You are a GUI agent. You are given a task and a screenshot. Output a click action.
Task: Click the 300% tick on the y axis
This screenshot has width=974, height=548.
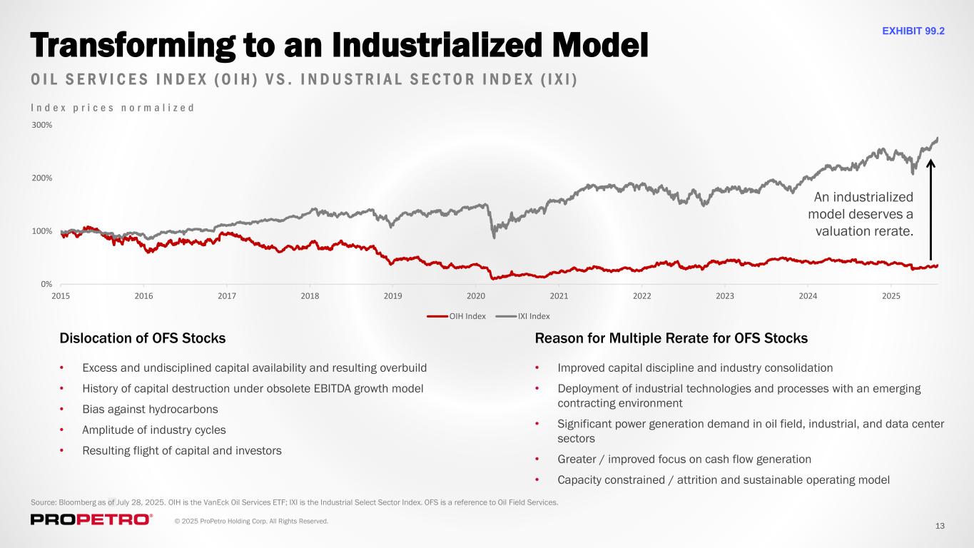click(x=41, y=125)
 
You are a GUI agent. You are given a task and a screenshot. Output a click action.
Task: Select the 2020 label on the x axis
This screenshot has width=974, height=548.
click(x=476, y=295)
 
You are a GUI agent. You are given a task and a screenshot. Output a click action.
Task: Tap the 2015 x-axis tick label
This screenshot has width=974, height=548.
click(x=61, y=295)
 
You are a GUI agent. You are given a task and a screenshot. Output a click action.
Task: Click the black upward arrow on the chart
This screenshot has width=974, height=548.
click(x=930, y=210)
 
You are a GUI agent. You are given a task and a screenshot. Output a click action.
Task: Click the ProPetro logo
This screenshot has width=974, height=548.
click(x=91, y=519)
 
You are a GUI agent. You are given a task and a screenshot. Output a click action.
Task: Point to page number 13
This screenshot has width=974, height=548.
click(x=940, y=526)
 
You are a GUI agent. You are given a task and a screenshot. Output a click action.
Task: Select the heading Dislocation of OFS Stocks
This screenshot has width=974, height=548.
click(x=143, y=338)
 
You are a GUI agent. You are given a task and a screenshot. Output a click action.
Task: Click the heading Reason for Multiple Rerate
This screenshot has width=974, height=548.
click(x=671, y=338)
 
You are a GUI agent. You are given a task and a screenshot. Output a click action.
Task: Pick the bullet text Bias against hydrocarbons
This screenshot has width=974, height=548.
click(x=150, y=410)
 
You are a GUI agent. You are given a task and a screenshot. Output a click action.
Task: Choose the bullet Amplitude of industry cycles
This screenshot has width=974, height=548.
click(x=154, y=430)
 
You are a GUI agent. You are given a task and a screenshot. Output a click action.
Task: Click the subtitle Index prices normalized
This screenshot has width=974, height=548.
click(x=113, y=108)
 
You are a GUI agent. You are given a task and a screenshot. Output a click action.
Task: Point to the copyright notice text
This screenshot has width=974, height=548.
click(x=252, y=522)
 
